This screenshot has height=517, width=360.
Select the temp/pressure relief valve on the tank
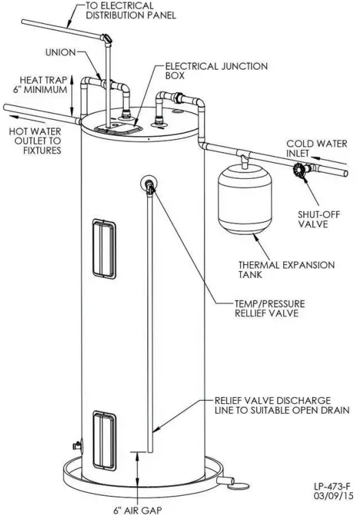[x=149, y=184]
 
